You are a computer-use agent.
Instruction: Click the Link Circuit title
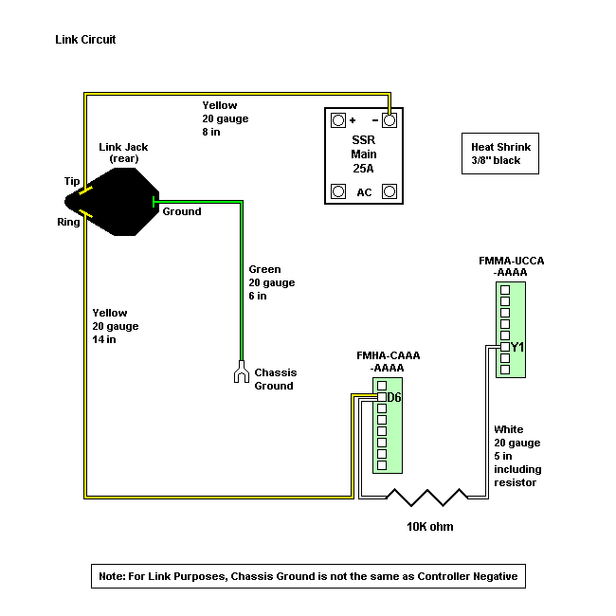tap(86, 41)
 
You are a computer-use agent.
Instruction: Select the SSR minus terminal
tap(389, 121)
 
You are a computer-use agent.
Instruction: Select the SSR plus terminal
tap(337, 121)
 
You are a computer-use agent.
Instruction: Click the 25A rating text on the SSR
tap(363, 169)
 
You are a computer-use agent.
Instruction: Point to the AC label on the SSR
tap(363, 191)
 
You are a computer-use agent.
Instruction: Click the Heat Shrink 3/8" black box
tap(501, 154)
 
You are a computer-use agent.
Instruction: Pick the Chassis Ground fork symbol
tap(241, 375)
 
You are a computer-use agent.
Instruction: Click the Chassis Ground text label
tap(274, 379)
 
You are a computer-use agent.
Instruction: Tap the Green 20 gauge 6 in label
tap(272, 282)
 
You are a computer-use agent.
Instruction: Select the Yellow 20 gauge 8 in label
tap(226, 118)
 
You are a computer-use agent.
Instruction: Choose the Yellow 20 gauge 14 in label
tap(116, 326)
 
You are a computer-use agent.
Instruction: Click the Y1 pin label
tap(517, 347)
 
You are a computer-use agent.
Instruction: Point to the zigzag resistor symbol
tap(426, 498)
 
